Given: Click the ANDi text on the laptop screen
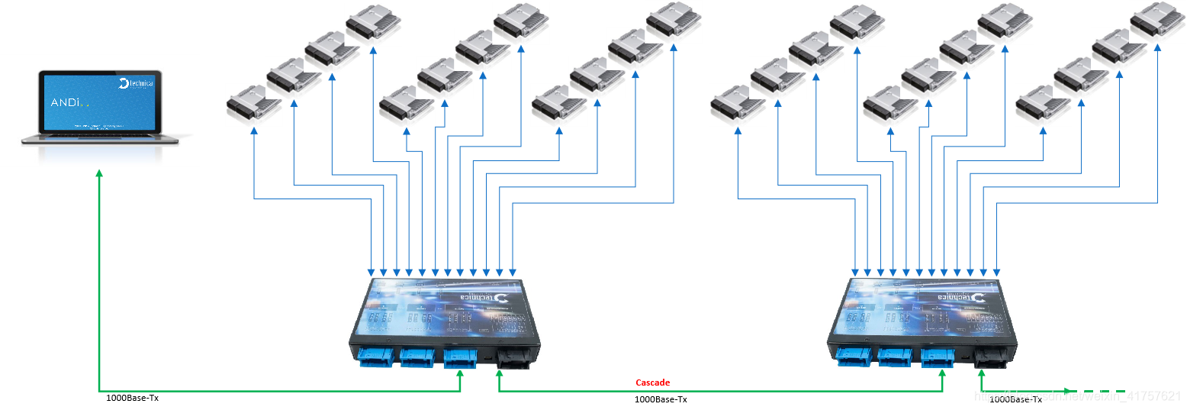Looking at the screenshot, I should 66,102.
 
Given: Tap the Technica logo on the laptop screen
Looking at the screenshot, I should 137,83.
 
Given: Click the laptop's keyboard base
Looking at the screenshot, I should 100,138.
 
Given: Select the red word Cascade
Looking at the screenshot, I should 652,383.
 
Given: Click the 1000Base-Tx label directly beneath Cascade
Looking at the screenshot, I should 661,399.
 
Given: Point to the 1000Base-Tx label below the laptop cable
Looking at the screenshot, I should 133,398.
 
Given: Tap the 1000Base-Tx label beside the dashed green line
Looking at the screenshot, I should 1015,399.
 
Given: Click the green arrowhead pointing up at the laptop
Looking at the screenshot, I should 99,175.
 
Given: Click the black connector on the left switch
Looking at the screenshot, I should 513,359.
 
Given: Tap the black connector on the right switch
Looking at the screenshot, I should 990,360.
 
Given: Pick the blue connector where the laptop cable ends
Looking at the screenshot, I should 460,357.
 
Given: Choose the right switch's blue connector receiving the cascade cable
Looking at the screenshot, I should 937,358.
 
